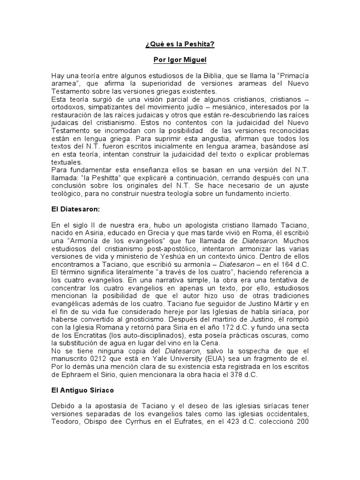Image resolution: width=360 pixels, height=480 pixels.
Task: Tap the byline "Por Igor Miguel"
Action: (x=180, y=60)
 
